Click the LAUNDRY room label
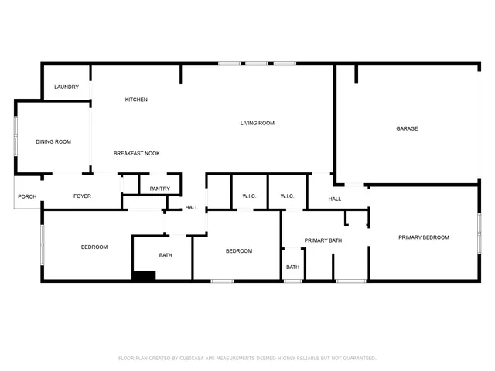[x=67, y=87]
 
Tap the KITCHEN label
[x=136, y=100]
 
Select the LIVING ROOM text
[x=257, y=123]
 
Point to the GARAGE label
[x=407, y=128]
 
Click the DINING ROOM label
[x=53, y=141]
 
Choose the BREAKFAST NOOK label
[x=136, y=153]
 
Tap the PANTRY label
[x=159, y=189]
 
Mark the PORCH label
[x=27, y=196]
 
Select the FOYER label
[x=82, y=196]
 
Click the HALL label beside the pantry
[x=191, y=207]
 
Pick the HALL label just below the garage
[x=334, y=199]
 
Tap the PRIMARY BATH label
[x=323, y=240]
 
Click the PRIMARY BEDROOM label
[x=423, y=237]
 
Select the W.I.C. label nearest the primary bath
[x=287, y=196]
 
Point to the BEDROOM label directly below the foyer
[x=94, y=247]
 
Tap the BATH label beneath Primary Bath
[x=292, y=267]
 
